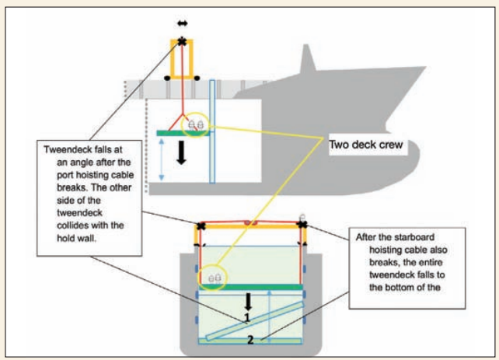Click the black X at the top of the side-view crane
click(x=183, y=41)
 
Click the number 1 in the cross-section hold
click(x=246, y=317)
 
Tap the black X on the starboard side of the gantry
click(x=302, y=225)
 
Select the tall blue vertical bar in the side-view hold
click(x=211, y=132)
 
